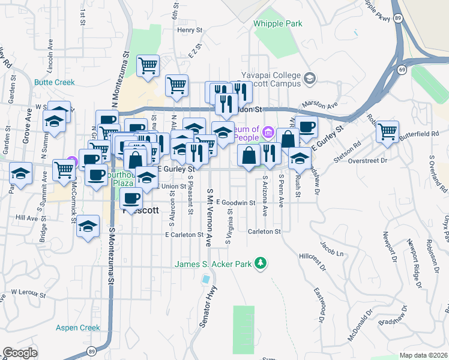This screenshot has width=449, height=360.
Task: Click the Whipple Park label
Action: [x=277, y=24]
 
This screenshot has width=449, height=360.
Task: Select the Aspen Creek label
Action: [x=78, y=328]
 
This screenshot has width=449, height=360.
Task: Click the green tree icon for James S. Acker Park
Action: [x=261, y=263]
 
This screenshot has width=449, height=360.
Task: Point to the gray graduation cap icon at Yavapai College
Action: [x=310, y=78]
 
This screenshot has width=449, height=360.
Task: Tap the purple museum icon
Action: [x=268, y=131]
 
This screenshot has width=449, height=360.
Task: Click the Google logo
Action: [x=20, y=352]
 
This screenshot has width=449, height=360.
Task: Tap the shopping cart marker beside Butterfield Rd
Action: [x=388, y=130]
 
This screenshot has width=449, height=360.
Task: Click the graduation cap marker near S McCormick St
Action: [x=88, y=227]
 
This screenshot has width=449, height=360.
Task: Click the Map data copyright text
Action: [x=423, y=355]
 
